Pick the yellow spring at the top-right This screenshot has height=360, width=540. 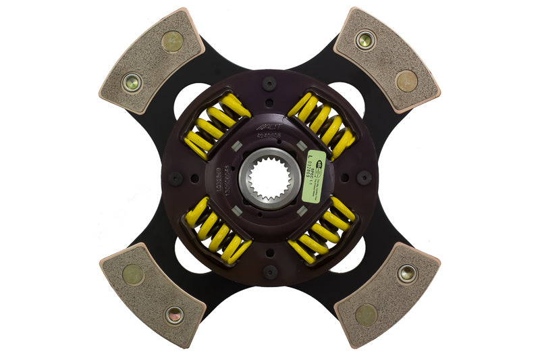[x=323, y=124]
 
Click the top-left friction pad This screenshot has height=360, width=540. [x=153, y=61]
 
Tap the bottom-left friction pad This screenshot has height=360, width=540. [x=153, y=294]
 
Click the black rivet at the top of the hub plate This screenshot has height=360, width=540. [x=270, y=84]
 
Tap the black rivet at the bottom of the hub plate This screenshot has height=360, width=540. [x=270, y=272]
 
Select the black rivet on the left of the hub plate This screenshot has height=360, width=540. [x=175, y=178]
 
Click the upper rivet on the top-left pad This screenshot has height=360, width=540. [x=172, y=41]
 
